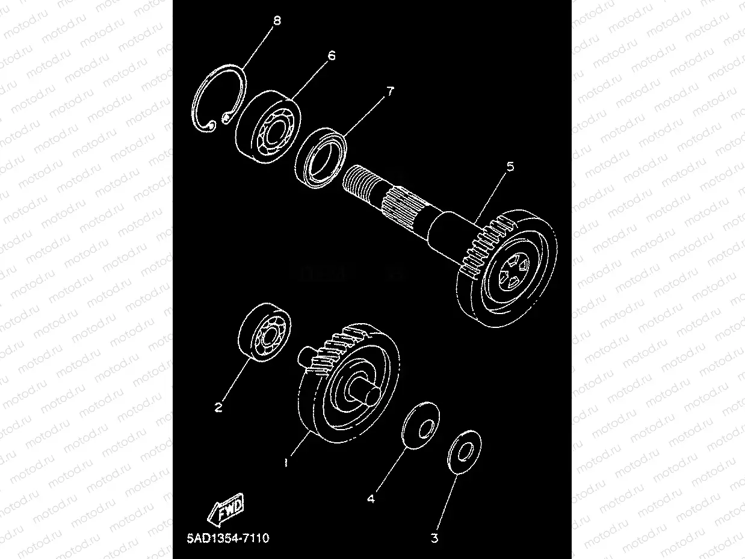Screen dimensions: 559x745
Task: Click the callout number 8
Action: coord(276,21)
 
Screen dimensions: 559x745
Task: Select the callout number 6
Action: coord(331,55)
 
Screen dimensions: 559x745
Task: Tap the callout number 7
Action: coord(389,91)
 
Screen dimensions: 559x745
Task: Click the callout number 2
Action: coord(219,407)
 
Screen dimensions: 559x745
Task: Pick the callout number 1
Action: coord(286,463)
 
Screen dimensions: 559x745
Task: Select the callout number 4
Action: coord(371,499)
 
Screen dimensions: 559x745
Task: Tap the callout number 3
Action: coord(434,538)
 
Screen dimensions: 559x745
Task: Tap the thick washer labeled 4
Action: coord(420,425)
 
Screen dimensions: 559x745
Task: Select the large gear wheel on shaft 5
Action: coord(507,271)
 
